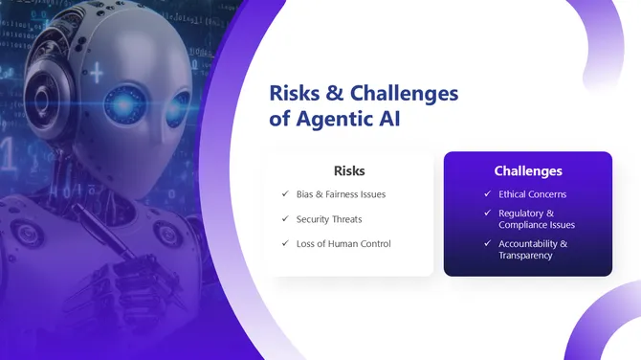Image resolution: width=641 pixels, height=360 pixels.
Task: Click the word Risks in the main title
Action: (295, 94)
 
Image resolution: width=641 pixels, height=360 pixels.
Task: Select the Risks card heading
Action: (349, 170)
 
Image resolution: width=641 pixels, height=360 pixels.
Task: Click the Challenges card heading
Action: (528, 170)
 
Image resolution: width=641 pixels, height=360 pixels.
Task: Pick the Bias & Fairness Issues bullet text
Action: (341, 194)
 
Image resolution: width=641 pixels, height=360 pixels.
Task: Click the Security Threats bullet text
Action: (329, 219)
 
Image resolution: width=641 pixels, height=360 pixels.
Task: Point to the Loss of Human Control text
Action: (343, 243)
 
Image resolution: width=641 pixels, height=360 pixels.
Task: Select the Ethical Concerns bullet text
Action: (533, 194)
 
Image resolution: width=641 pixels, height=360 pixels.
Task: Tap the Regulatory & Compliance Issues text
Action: (536, 219)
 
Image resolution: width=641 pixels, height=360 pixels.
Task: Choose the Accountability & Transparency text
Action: (533, 250)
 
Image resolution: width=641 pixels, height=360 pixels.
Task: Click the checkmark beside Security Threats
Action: (285, 219)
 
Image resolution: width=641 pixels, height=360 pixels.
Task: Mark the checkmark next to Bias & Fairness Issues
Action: (285, 194)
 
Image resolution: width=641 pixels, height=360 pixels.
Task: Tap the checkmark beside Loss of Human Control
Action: (285, 243)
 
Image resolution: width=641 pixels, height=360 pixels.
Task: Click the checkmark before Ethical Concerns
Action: (488, 194)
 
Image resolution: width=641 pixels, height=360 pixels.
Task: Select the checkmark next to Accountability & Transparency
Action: (488, 244)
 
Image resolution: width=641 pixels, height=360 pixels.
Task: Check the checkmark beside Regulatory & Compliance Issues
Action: (488, 214)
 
